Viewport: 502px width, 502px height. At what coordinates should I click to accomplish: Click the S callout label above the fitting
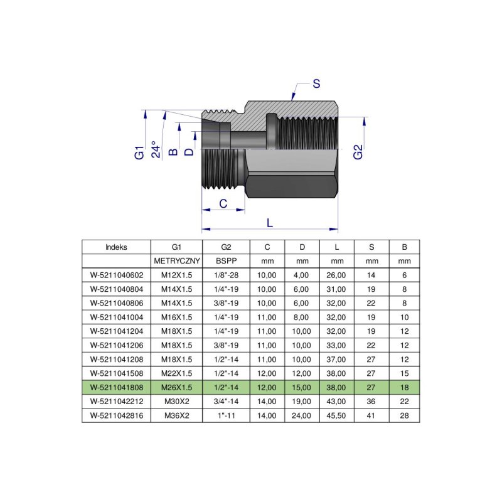tap(316, 83)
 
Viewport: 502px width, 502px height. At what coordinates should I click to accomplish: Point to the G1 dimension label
tap(140, 152)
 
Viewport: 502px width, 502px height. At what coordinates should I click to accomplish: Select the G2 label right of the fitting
tap(358, 152)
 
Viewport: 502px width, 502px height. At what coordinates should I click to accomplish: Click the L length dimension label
tap(270, 223)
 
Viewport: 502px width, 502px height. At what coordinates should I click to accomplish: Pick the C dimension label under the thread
tap(222, 203)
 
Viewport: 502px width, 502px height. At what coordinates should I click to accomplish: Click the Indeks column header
tap(116, 247)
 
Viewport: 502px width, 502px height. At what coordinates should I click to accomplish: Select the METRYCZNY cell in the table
tap(176, 260)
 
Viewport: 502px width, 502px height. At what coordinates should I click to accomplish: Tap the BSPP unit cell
tap(226, 260)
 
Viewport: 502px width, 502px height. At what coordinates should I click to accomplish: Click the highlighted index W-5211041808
tap(116, 388)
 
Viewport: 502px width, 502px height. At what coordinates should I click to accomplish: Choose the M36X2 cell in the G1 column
tap(176, 415)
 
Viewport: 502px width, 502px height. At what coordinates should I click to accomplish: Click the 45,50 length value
tap(336, 415)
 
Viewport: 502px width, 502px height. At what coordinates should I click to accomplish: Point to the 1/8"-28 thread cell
tap(226, 274)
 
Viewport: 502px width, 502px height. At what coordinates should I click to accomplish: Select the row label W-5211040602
tap(116, 274)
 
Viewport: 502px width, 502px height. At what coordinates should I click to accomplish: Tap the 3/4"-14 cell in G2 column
tap(226, 402)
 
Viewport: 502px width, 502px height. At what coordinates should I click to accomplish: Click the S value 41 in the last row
tap(371, 415)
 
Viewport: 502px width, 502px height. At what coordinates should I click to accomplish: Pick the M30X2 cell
tap(176, 402)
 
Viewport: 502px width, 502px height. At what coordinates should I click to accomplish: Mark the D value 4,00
tap(302, 274)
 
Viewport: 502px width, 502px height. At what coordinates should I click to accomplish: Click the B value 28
tap(404, 415)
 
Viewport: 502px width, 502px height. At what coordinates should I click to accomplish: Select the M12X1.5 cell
tap(176, 274)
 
